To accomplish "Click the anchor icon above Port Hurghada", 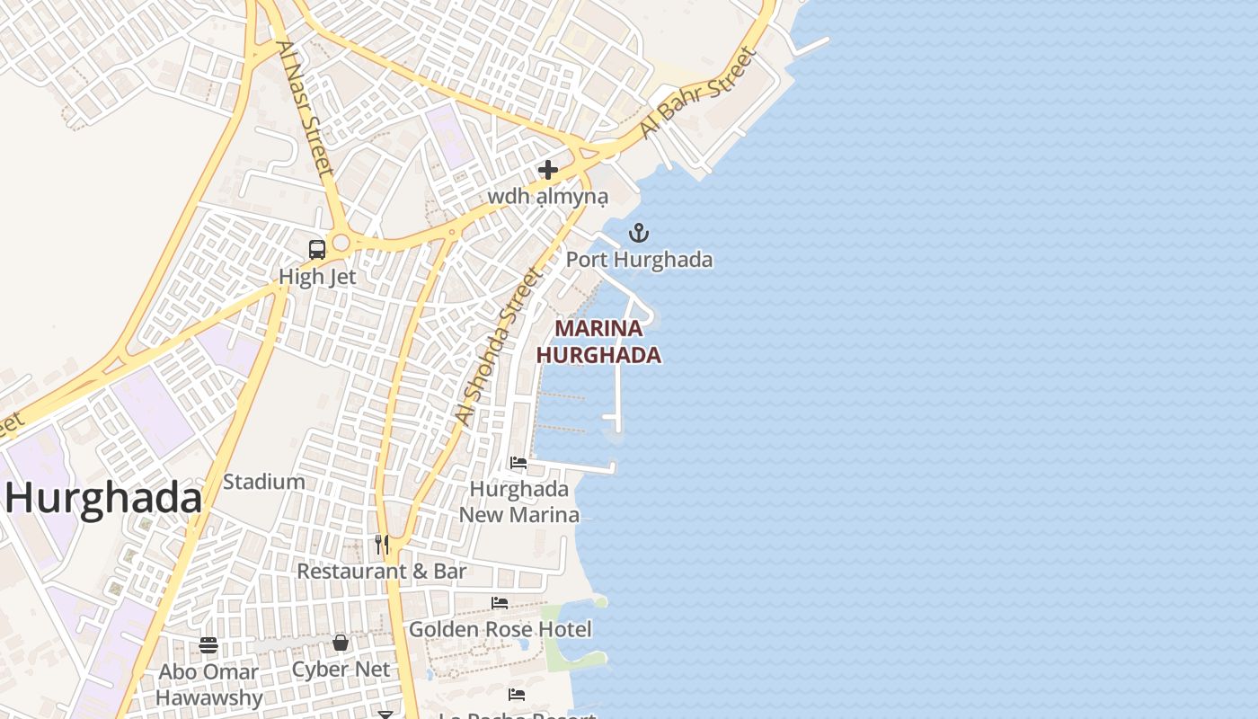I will (x=638, y=234).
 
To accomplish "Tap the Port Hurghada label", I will (x=639, y=261).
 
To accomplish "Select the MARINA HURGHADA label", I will (x=598, y=342).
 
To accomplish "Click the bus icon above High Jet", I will (x=317, y=250).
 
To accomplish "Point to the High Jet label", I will (x=317, y=277).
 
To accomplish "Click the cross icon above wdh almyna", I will (x=548, y=169).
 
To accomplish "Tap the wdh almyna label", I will (x=548, y=196).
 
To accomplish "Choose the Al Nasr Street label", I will (x=306, y=108).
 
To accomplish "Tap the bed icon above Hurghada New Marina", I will (x=518, y=463).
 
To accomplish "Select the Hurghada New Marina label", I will (x=519, y=502).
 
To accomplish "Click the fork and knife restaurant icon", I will (x=382, y=544).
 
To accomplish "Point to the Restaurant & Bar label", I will (x=382, y=571).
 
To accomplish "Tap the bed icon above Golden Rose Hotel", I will (x=500, y=602).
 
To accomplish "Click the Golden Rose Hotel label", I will (x=501, y=629).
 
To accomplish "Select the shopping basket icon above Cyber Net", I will (x=341, y=643).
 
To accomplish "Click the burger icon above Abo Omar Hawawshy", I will (x=208, y=644).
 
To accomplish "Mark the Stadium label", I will (x=264, y=482).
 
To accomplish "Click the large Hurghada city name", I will (x=104, y=498).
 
